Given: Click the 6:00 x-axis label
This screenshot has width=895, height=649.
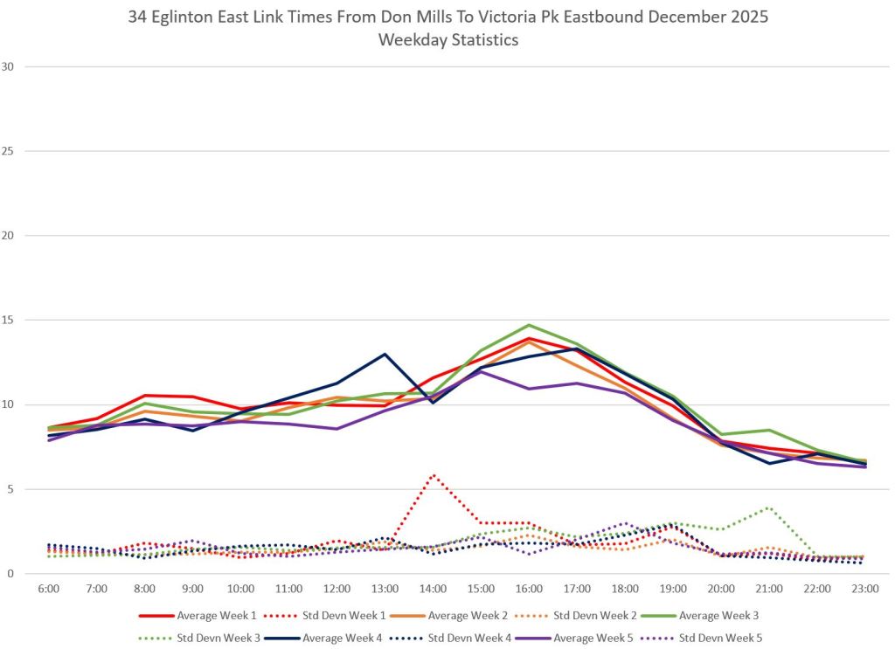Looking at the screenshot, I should point(48,590).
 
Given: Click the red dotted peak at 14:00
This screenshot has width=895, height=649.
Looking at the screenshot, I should point(433,475).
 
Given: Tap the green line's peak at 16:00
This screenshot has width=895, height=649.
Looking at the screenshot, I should point(529,325).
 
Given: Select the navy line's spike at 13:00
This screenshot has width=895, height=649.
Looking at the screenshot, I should point(385,354).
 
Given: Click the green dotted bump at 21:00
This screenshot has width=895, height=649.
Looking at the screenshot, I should point(768,507).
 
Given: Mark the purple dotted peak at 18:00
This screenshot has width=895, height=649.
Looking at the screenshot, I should point(624,523).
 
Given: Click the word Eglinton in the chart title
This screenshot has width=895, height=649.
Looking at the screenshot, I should point(190,17).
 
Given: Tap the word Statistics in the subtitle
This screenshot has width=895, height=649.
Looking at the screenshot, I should point(481,40).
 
